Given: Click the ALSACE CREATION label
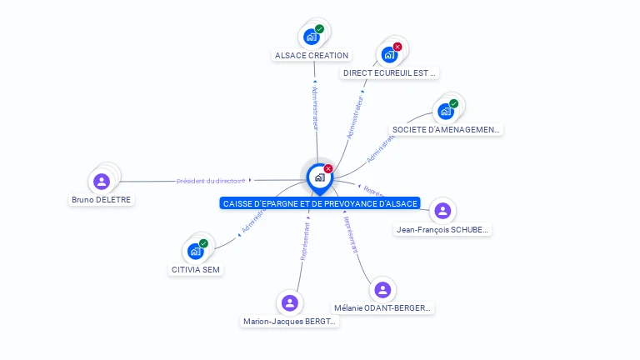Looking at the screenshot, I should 312,55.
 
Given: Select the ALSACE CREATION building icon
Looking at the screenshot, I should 311,37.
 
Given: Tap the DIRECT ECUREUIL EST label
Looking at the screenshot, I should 390,73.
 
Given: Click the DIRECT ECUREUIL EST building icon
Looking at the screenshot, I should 389,55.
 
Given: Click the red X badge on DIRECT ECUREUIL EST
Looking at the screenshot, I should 397,47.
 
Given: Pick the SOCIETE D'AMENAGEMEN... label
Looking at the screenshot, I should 446,129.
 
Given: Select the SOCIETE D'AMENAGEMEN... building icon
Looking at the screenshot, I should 446,111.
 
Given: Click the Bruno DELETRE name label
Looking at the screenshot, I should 102,200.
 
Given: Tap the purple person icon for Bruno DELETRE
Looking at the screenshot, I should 102,181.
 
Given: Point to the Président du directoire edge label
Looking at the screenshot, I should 211,181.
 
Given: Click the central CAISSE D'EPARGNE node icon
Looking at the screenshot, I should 319,177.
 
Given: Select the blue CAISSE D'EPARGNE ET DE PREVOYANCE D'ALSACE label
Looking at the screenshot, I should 320,203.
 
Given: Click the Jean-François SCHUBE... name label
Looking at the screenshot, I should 443,229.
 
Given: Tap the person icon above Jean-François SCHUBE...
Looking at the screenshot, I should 442,211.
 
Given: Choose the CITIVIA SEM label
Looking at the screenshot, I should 197,269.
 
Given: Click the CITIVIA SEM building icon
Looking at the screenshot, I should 196,251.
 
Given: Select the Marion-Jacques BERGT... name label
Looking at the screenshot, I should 290,321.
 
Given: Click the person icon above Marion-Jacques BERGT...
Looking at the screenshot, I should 290,302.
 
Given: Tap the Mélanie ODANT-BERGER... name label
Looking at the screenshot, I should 383,307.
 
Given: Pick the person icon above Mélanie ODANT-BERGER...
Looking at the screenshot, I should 382,289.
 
